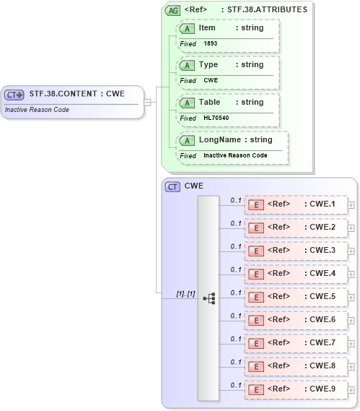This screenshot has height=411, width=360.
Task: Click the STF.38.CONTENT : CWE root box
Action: (72, 95)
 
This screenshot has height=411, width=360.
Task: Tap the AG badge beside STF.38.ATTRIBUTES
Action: (173, 10)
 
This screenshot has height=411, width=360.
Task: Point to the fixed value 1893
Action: (211, 43)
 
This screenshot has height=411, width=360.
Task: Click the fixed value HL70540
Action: (216, 118)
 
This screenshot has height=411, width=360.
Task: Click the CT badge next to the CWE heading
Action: (172, 186)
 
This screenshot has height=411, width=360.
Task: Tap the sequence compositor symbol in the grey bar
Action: (209, 298)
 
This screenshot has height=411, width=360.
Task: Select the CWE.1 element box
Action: (296, 204)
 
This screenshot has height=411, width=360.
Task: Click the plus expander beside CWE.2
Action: (351, 228)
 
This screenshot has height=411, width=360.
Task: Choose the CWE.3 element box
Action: (296, 251)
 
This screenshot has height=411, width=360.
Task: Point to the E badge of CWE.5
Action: (255, 297)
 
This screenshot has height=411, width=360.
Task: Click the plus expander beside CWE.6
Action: (351, 321)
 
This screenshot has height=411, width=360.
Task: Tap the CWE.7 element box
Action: (296, 343)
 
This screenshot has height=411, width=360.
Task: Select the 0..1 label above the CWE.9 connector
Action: (235, 384)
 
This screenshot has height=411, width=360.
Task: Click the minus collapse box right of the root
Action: (147, 102)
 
